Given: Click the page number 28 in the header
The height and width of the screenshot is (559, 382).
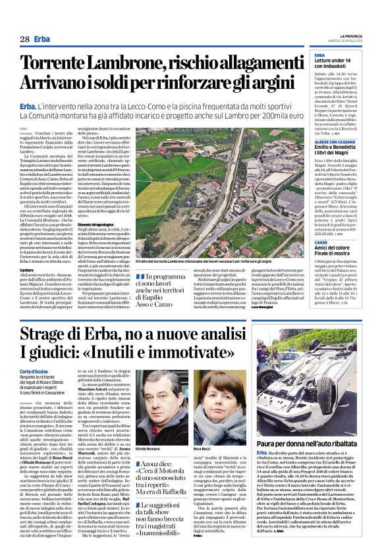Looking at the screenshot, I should tap(24, 40).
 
